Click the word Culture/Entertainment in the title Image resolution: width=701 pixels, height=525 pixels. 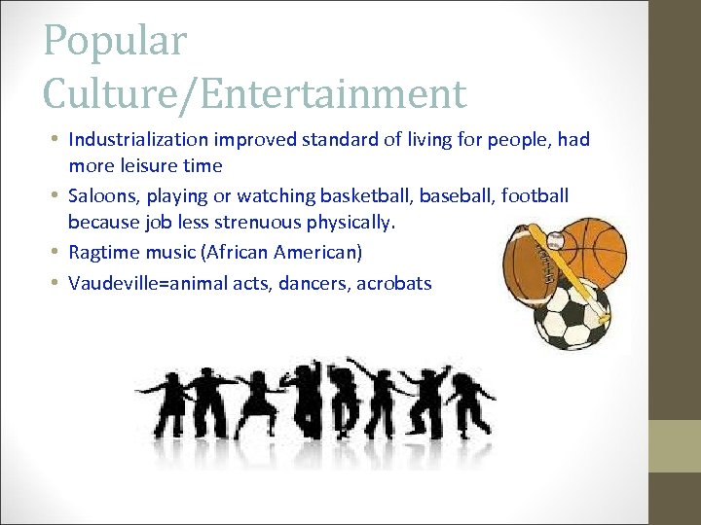point(255,94)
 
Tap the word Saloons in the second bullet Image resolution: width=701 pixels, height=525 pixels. point(103,195)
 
